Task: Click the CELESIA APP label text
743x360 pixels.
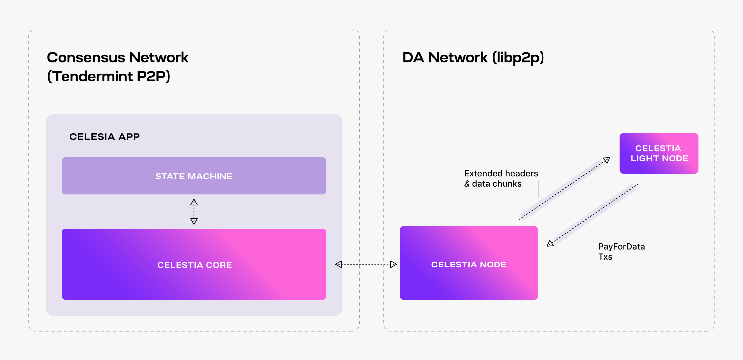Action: (105, 137)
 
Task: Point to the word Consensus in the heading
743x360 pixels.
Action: (86, 57)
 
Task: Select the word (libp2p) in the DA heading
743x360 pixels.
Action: (518, 57)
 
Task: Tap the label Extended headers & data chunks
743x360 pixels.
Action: (501, 179)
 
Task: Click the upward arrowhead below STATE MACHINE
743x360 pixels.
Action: (194, 202)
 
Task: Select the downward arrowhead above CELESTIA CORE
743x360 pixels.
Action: (194, 221)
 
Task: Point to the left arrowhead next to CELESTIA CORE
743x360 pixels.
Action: (339, 264)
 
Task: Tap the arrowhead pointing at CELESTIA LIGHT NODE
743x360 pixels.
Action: (607, 160)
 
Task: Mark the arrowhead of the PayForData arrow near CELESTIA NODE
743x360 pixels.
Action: (550, 244)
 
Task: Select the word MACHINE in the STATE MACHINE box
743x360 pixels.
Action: (210, 176)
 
